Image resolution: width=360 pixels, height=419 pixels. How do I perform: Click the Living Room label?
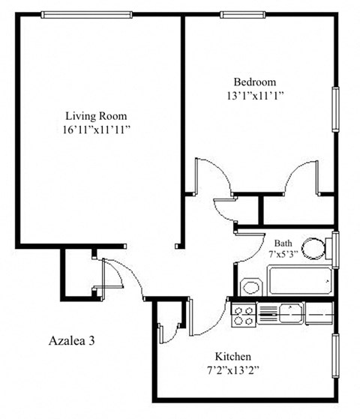coord(95,116)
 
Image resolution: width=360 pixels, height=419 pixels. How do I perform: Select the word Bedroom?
coord(254,82)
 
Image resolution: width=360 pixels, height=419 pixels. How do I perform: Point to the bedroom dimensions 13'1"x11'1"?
coord(254,95)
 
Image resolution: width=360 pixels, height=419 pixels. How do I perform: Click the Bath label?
coord(283,243)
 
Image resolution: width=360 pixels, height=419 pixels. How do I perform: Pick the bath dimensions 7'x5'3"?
coord(283,255)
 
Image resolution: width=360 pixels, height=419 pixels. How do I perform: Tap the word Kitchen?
coord(233,357)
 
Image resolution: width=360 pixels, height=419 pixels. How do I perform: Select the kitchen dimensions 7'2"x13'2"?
coord(233,370)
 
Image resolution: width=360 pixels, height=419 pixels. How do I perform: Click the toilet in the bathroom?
coord(314,248)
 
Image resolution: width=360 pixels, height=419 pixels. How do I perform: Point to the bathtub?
coord(300,283)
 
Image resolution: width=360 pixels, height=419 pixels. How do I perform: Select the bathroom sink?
coord(251,287)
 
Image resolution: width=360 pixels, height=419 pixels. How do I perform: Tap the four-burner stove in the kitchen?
coord(244,314)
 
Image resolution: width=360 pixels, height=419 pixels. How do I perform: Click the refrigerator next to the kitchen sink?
coord(319,313)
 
